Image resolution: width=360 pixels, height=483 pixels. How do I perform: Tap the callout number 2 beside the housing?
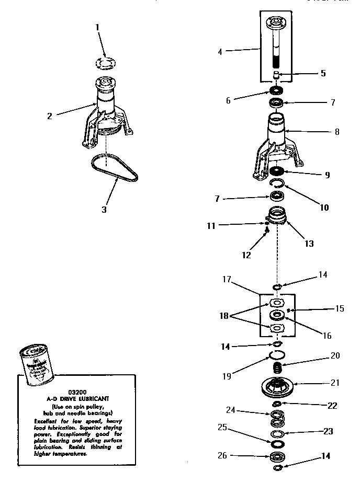click(50, 116)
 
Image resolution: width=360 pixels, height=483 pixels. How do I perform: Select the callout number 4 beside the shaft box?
click(220, 52)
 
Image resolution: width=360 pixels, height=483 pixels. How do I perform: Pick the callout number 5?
click(323, 74)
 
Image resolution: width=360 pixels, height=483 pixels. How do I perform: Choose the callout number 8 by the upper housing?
click(337, 132)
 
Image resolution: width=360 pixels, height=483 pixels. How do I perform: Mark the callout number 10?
click(324, 208)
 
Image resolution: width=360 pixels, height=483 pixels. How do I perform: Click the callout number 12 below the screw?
click(246, 256)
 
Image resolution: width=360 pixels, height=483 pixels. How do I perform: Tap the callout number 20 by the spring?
click(335, 356)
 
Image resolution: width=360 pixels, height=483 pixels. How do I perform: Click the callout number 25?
click(222, 428)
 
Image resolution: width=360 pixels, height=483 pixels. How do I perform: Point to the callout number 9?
click(327, 175)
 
